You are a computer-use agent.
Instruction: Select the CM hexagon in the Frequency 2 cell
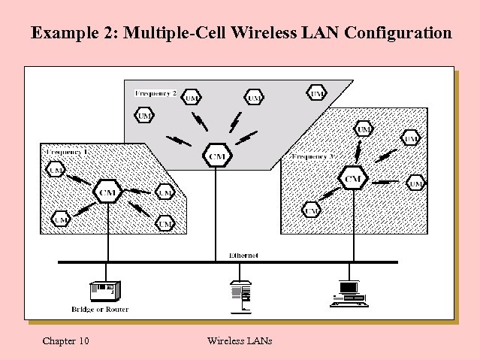point(216,156)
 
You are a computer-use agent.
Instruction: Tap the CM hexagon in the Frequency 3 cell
point(352,178)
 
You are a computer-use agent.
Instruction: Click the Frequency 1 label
point(68,152)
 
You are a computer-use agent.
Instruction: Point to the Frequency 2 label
point(155,93)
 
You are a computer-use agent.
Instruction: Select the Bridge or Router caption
point(100,309)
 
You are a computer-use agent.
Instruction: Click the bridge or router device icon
point(103,289)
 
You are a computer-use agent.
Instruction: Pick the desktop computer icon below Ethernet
point(348,293)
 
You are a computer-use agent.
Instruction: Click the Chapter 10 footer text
point(66,341)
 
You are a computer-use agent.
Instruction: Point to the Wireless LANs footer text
point(239,341)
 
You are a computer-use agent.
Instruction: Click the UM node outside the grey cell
point(316,93)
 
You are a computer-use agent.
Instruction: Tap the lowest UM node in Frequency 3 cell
point(312,210)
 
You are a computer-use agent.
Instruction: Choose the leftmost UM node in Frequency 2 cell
point(144,115)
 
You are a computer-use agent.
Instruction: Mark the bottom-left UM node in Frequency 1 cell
point(60,219)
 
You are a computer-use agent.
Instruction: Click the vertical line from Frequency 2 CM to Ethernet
point(216,214)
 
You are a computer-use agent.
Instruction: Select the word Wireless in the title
point(263,33)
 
